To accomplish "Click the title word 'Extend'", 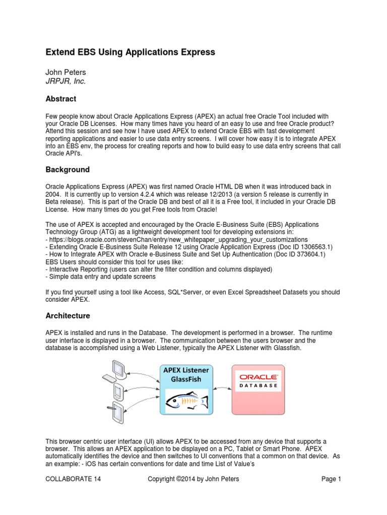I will coord(59,52).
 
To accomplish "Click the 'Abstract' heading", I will coord(61,99).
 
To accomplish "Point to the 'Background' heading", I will coord(68,169).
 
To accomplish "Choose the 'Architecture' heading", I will coord(68,316).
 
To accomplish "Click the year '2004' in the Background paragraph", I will coord(54,194).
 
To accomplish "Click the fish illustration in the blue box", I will coord(187,401).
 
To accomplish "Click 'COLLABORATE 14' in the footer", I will coord(73,479).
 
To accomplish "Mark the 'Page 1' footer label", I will coord(332,479).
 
